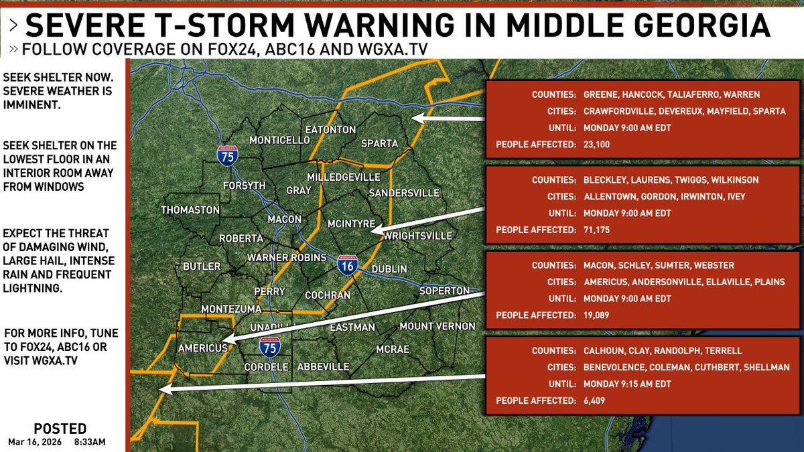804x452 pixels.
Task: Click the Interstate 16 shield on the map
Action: (347, 265)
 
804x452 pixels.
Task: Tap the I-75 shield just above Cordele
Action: (271, 347)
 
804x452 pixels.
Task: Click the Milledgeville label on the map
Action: (343, 177)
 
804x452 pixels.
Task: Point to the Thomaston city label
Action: (190, 210)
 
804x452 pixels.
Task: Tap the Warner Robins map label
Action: (286, 258)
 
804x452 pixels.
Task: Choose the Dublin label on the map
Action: (389, 269)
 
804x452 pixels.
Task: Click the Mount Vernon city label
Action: (437, 326)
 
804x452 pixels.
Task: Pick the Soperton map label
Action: (444, 291)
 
